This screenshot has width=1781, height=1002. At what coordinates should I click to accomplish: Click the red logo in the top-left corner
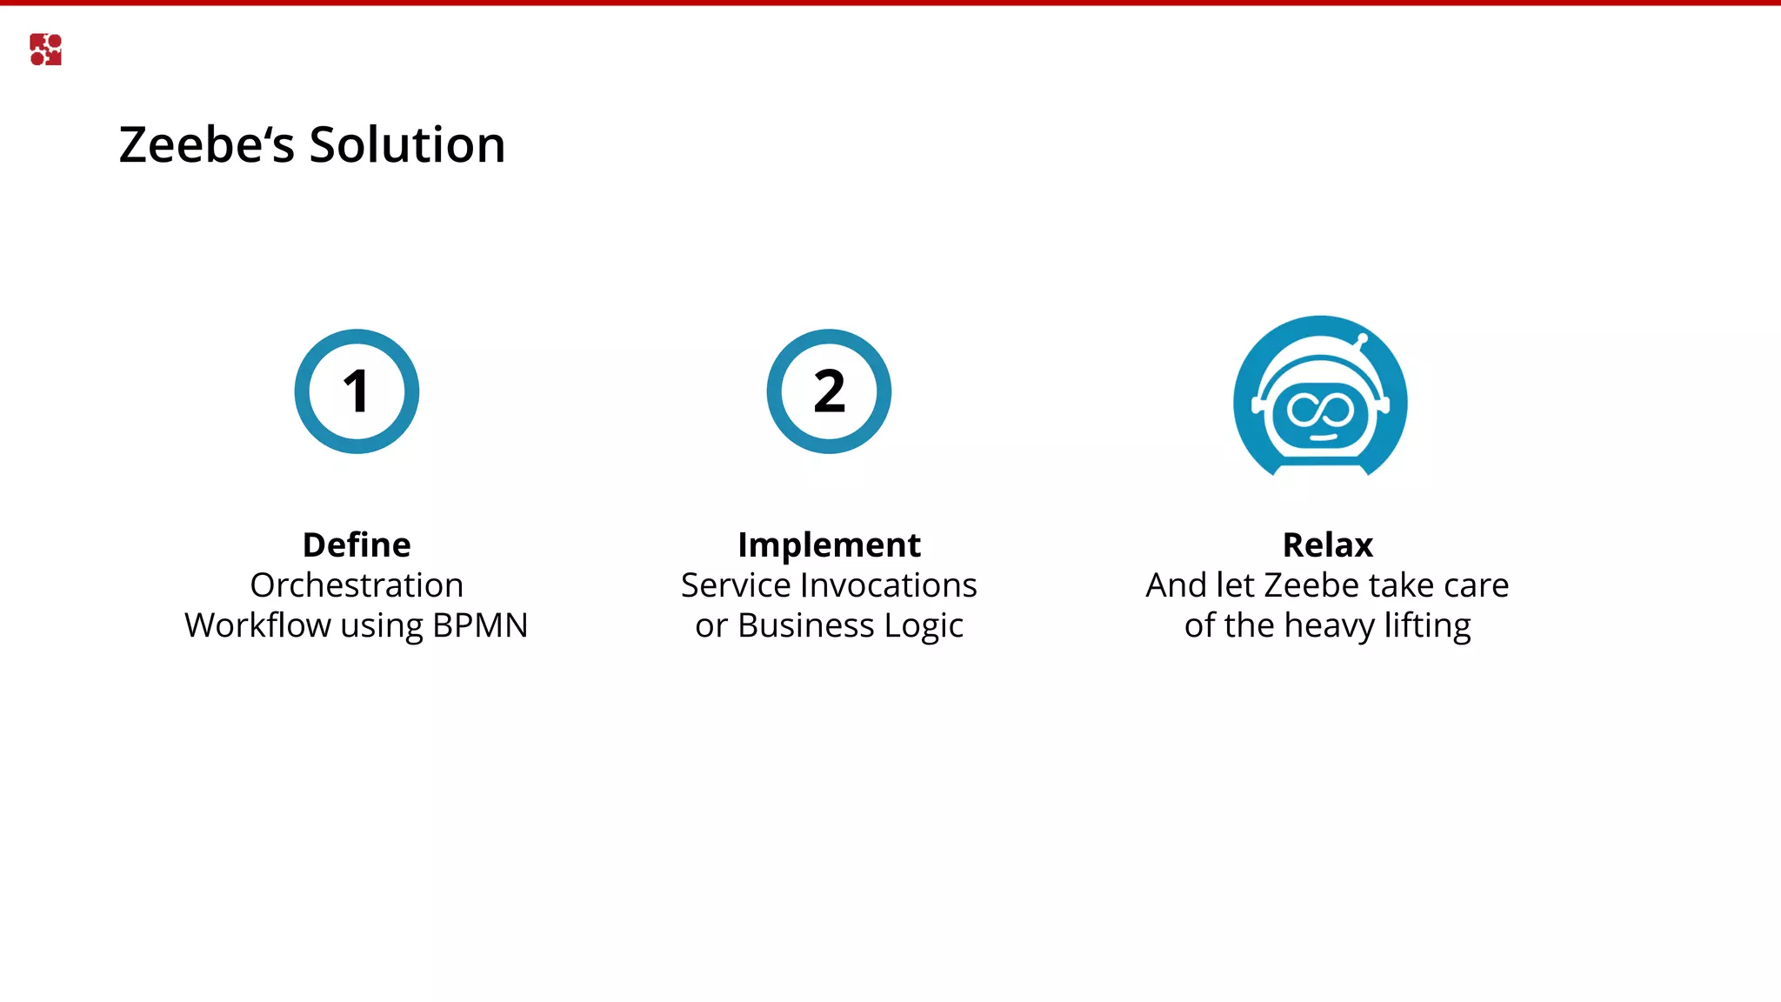click(x=45, y=50)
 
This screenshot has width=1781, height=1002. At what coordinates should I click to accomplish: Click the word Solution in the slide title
click(x=407, y=144)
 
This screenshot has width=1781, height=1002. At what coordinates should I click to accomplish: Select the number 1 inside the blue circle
click(x=357, y=391)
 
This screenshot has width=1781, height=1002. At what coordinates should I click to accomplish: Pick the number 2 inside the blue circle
click(x=829, y=391)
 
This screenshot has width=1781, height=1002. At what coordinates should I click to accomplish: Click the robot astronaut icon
click(x=1320, y=397)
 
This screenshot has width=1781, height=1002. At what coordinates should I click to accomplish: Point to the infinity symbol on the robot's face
click(x=1320, y=410)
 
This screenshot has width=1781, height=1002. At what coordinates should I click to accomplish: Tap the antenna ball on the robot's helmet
click(x=1363, y=338)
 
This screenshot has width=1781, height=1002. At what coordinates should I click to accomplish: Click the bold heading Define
click(x=357, y=545)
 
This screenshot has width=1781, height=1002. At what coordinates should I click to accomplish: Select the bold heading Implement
click(x=829, y=545)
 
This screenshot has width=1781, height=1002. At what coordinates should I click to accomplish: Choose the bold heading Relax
click(x=1327, y=545)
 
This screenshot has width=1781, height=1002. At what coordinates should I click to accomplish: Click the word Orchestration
click(x=357, y=585)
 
